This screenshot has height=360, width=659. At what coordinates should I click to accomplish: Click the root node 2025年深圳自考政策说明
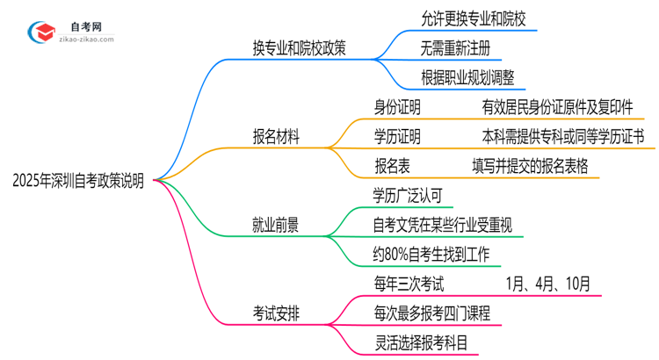point(78,180)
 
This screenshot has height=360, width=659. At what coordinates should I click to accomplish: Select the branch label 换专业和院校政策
point(299,48)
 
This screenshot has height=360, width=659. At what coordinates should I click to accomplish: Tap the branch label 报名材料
point(276,137)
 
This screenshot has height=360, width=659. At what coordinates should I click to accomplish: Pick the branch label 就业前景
point(275,226)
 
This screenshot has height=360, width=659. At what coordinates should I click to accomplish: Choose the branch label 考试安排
point(275,312)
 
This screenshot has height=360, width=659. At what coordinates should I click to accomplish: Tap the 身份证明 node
point(398,107)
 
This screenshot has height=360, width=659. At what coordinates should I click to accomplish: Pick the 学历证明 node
point(398,136)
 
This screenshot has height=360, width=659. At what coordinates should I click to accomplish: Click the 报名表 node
point(392,165)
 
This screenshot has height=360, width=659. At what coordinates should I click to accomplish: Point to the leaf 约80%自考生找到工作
point(437,254)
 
